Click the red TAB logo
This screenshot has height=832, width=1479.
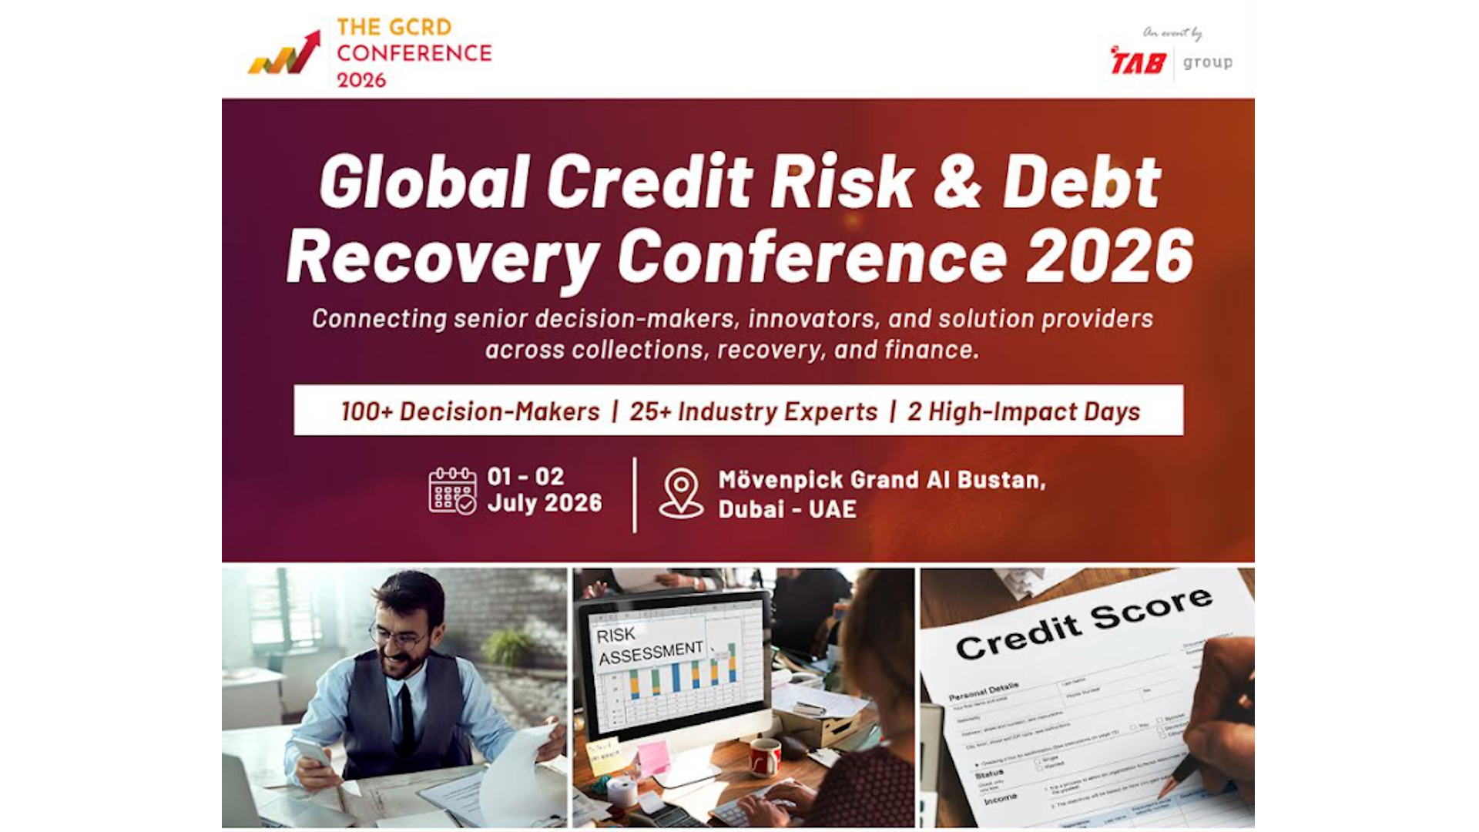click(x=1138, y=62)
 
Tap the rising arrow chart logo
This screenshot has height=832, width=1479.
click(x=284, y=54)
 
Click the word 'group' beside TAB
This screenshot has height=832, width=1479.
click(x=1207, y=62)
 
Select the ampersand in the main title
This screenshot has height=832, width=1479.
click(x=957, y=182)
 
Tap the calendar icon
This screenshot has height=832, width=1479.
click(x=452, y=491)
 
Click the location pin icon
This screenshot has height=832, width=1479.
click(x=681, y=492)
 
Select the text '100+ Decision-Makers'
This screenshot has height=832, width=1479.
click(x=470, y=411)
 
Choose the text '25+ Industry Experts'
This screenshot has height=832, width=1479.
click(x=753, y=411)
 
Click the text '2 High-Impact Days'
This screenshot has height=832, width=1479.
click(x=1023, y=411)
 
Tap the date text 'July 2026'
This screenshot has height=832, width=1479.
click(x=545, y=503)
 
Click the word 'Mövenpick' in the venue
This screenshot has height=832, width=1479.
click(x=780, y=480)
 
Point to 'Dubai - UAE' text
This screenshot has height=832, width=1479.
click(x=787, y=509)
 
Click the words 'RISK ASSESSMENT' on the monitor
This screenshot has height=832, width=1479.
click(x=649, y=644)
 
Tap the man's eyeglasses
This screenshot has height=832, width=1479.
click(x=396, y=639)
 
